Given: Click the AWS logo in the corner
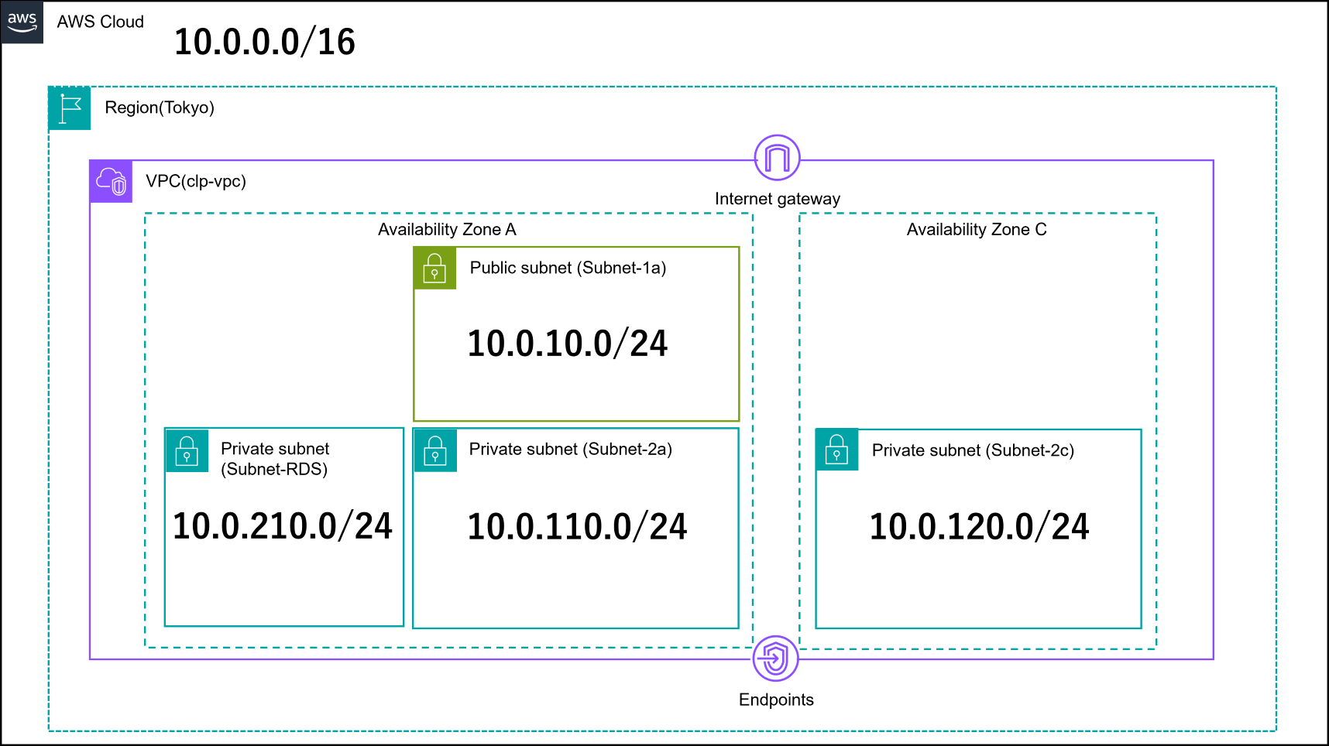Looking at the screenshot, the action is click(22, 22).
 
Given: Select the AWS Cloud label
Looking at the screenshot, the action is click(101, 22).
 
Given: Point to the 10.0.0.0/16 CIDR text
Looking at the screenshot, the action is click(265, 42).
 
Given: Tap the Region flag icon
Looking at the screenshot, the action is click(70, 108).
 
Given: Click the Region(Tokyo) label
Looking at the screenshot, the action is click(160, 108).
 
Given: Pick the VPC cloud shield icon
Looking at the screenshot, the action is click(111, 182).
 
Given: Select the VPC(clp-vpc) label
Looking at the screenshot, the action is click(196, 181).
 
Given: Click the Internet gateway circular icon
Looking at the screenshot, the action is click(777, 158).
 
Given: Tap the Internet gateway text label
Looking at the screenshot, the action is click(777, 199).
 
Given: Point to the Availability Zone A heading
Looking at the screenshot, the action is click(447, 229).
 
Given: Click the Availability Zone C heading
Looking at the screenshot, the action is click(977, 229).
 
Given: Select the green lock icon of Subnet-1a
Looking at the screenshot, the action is click(434, 269).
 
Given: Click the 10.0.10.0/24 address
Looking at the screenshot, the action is click(568, 344).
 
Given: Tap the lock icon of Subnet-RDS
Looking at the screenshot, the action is click(187, 450).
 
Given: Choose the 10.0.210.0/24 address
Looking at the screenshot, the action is click(283, 526).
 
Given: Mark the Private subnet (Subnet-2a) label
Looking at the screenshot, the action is click(571, 449).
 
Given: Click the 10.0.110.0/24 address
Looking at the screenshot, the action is click(577, 527).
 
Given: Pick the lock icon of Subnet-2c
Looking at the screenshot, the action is click(837, 450).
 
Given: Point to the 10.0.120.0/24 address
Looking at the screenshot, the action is click(980, 527).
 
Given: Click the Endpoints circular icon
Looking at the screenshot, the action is click(775, 659).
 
